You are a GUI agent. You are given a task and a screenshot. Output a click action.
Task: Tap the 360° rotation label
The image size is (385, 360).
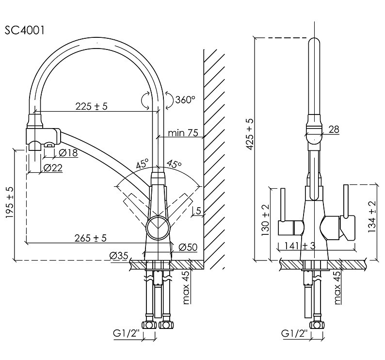click(x=185, y=100)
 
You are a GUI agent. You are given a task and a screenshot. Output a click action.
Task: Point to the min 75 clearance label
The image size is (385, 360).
click(x=182, y=133)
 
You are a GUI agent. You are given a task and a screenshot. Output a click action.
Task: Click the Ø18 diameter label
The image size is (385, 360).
click(x=68, y=153)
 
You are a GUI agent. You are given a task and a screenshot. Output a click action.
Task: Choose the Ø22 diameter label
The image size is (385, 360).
click(x=53, y=167)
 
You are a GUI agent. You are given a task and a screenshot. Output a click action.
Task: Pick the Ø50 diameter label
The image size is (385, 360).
click(x=188, y=247)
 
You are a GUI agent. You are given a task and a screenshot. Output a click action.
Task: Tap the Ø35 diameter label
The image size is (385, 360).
click(x=118, y=255)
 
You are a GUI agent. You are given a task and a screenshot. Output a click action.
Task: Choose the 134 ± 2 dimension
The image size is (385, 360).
click(x=372, y=217)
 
